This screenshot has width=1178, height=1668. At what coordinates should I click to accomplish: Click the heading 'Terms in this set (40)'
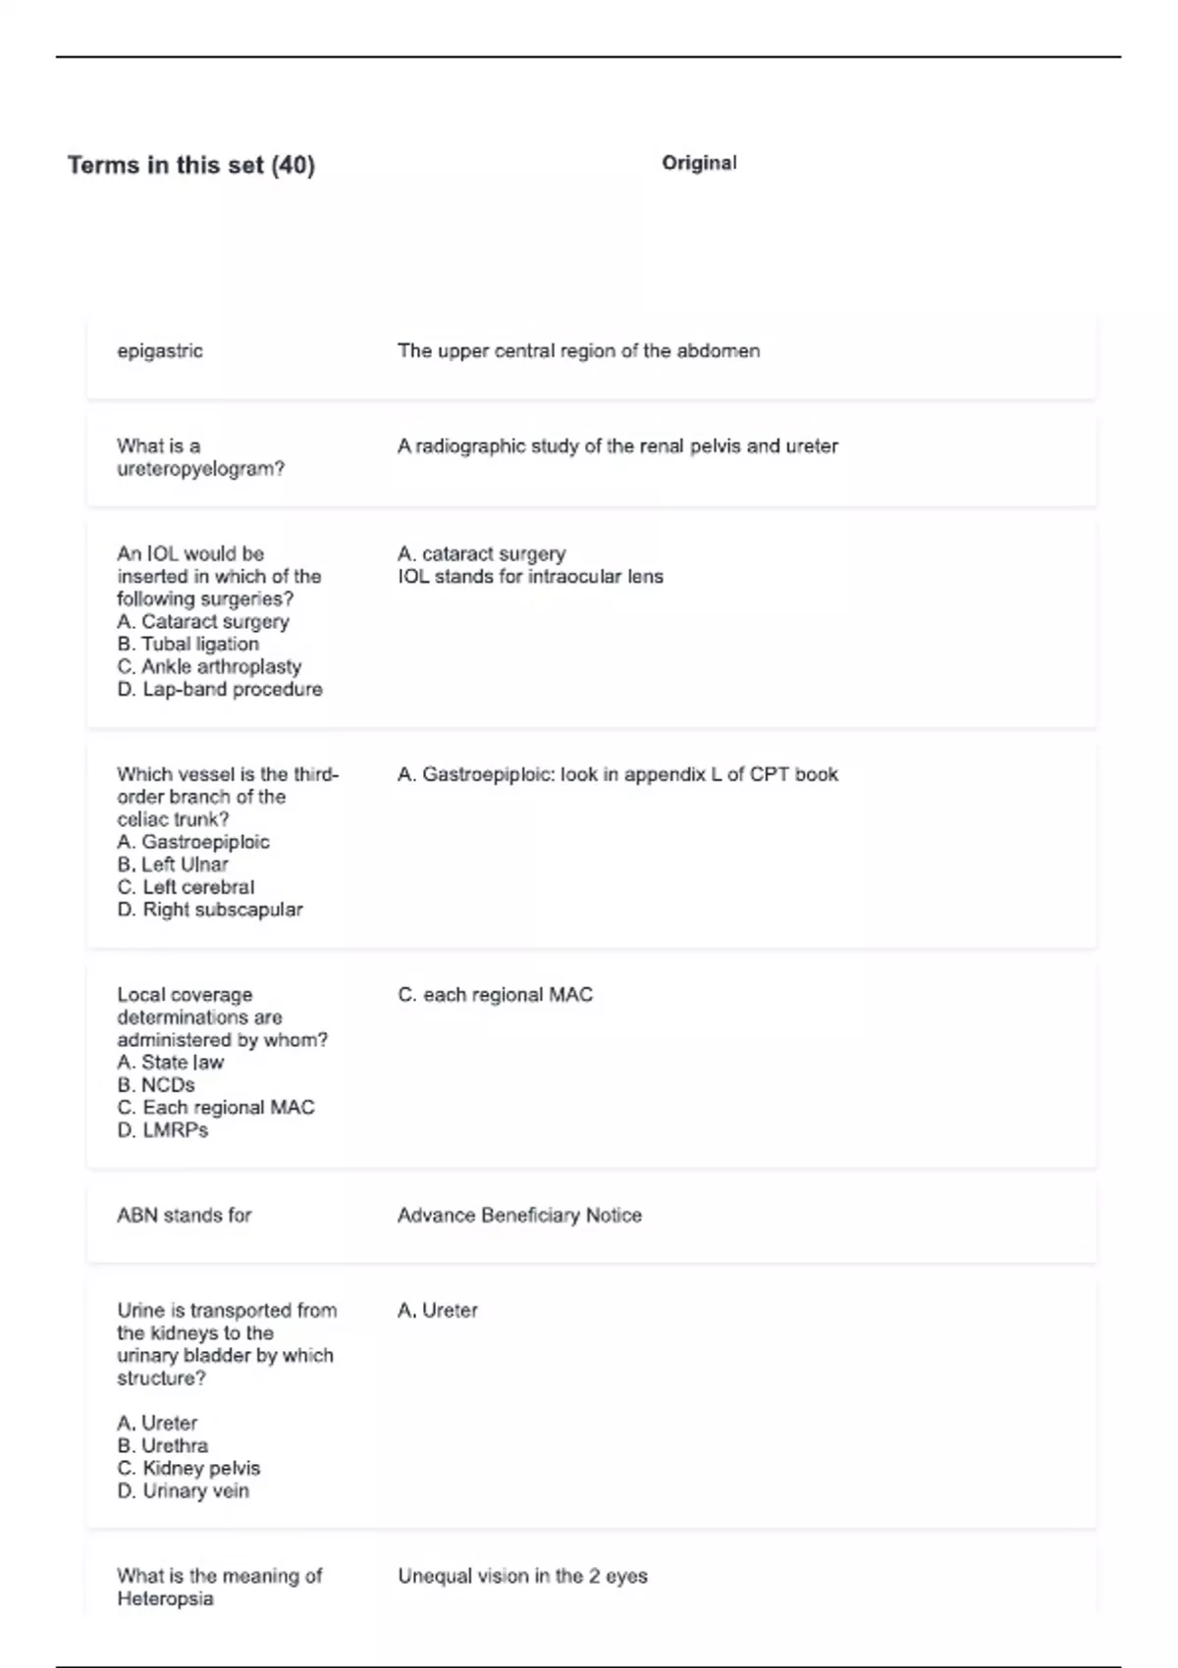click(191, 165)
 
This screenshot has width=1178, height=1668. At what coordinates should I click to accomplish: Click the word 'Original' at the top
click(699, 163)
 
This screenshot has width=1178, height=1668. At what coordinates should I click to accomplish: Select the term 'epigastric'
click(160, 351)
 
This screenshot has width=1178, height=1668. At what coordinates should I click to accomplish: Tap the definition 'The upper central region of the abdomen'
click(578, 351)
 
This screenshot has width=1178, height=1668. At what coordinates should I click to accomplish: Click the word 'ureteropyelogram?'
click(200, 469)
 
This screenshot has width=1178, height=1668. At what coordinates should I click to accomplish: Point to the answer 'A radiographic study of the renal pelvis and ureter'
click(617, 446)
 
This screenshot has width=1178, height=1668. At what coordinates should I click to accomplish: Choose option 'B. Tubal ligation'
click(187, 645)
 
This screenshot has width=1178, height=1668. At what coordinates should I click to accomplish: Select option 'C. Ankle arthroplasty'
click(209, 667)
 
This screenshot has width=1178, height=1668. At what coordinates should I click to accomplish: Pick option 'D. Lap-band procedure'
click(220, 690)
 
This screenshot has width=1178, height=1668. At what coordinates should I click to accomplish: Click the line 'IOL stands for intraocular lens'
click(530, 577)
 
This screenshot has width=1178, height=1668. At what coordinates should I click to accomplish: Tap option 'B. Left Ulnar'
click(173, 865)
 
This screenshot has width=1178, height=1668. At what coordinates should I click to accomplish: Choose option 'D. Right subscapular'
click(210, 911)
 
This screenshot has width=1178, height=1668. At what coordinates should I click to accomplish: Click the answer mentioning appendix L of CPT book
click(617, 775)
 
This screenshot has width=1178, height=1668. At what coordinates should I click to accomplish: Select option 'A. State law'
click(170, 1063)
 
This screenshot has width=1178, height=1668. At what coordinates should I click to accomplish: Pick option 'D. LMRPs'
click(162, 1130)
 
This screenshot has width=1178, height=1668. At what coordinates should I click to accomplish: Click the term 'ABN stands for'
click(185, 1216)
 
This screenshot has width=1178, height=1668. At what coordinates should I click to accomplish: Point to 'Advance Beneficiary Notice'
click(519, 1216)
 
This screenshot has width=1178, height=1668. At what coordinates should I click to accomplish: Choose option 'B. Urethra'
click(162, 1446)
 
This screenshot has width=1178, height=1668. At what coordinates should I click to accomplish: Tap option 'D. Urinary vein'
click(183, 1491)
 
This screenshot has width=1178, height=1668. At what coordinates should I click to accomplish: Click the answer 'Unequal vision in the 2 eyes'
click(522, 1577)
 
